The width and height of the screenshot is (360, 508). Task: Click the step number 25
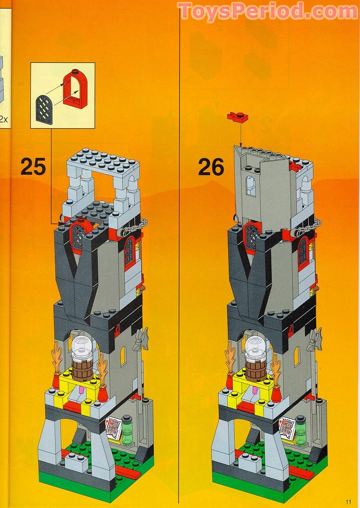[x=33, y=167]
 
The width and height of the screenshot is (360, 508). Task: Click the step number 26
[x=211, y=167]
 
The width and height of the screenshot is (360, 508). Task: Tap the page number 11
[x=348, y=502]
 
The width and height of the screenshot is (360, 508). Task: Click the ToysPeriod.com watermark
[x=268, y=11]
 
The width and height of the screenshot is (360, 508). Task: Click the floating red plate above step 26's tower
[x=239, y=117]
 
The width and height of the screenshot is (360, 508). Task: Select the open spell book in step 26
[x=288, y=429]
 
